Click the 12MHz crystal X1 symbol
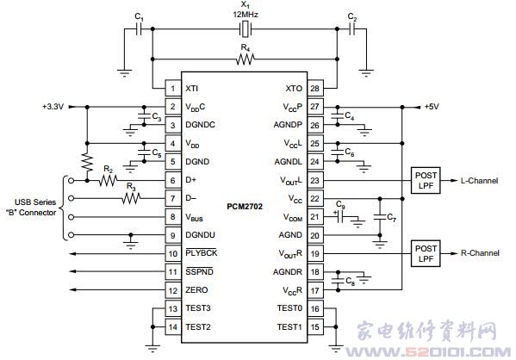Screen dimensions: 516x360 [246, 29]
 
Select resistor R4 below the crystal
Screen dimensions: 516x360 [246, 59]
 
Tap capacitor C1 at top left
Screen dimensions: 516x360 [140, 29]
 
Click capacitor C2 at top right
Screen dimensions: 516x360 [351, 29]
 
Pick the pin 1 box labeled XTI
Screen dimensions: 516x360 [173, 88]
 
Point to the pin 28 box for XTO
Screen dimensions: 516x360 [315, 88]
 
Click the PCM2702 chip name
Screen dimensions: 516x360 [245, 207]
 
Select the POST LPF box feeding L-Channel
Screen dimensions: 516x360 [426, 180]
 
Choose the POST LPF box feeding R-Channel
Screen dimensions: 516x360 [426, 253]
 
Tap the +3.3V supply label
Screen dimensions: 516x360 [53, 107]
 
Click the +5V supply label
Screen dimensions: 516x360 [432, 107]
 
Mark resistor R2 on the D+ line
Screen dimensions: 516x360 [108, 180]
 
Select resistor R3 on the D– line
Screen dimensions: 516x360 [131, 198]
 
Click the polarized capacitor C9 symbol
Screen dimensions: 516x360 [341, 217]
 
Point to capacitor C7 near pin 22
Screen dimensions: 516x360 [380, 217]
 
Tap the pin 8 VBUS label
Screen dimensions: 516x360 [194, 217]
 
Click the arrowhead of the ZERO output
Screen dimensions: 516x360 [73, 289]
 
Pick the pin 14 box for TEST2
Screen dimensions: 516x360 [173, 326]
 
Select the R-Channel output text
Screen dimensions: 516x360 [480, 253]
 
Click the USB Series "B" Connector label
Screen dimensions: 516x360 [32, 208]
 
